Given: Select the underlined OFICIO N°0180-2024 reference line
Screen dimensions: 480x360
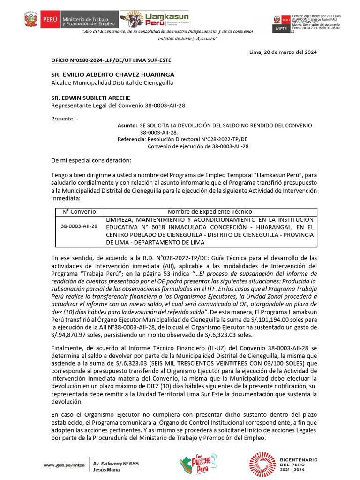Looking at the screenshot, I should [x=111, y=60].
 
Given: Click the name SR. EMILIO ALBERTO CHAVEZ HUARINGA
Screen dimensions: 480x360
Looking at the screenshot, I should [x=112, y=75].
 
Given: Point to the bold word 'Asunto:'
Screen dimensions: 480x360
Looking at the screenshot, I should [x=127, y=125].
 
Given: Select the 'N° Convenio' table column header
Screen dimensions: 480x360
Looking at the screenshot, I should [x=79, y=211].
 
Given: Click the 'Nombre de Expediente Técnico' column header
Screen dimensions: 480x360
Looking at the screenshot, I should [x=210, y=211].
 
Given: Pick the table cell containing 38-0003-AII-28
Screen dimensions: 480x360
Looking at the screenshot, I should [x=79, y=226].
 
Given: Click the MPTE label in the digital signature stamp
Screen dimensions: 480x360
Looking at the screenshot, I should [x=281, y=29].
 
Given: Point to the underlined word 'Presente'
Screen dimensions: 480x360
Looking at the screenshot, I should [x=62, y=119].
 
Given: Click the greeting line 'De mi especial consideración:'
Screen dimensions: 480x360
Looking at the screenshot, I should [x=91, y=161].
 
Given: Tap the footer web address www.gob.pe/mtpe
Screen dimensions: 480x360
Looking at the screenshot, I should [x=64, y=465].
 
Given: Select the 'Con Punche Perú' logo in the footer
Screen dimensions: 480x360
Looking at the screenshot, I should [x=198, y=465].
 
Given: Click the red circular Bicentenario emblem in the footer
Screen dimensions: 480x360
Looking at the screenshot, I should [x=262, y=465].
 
